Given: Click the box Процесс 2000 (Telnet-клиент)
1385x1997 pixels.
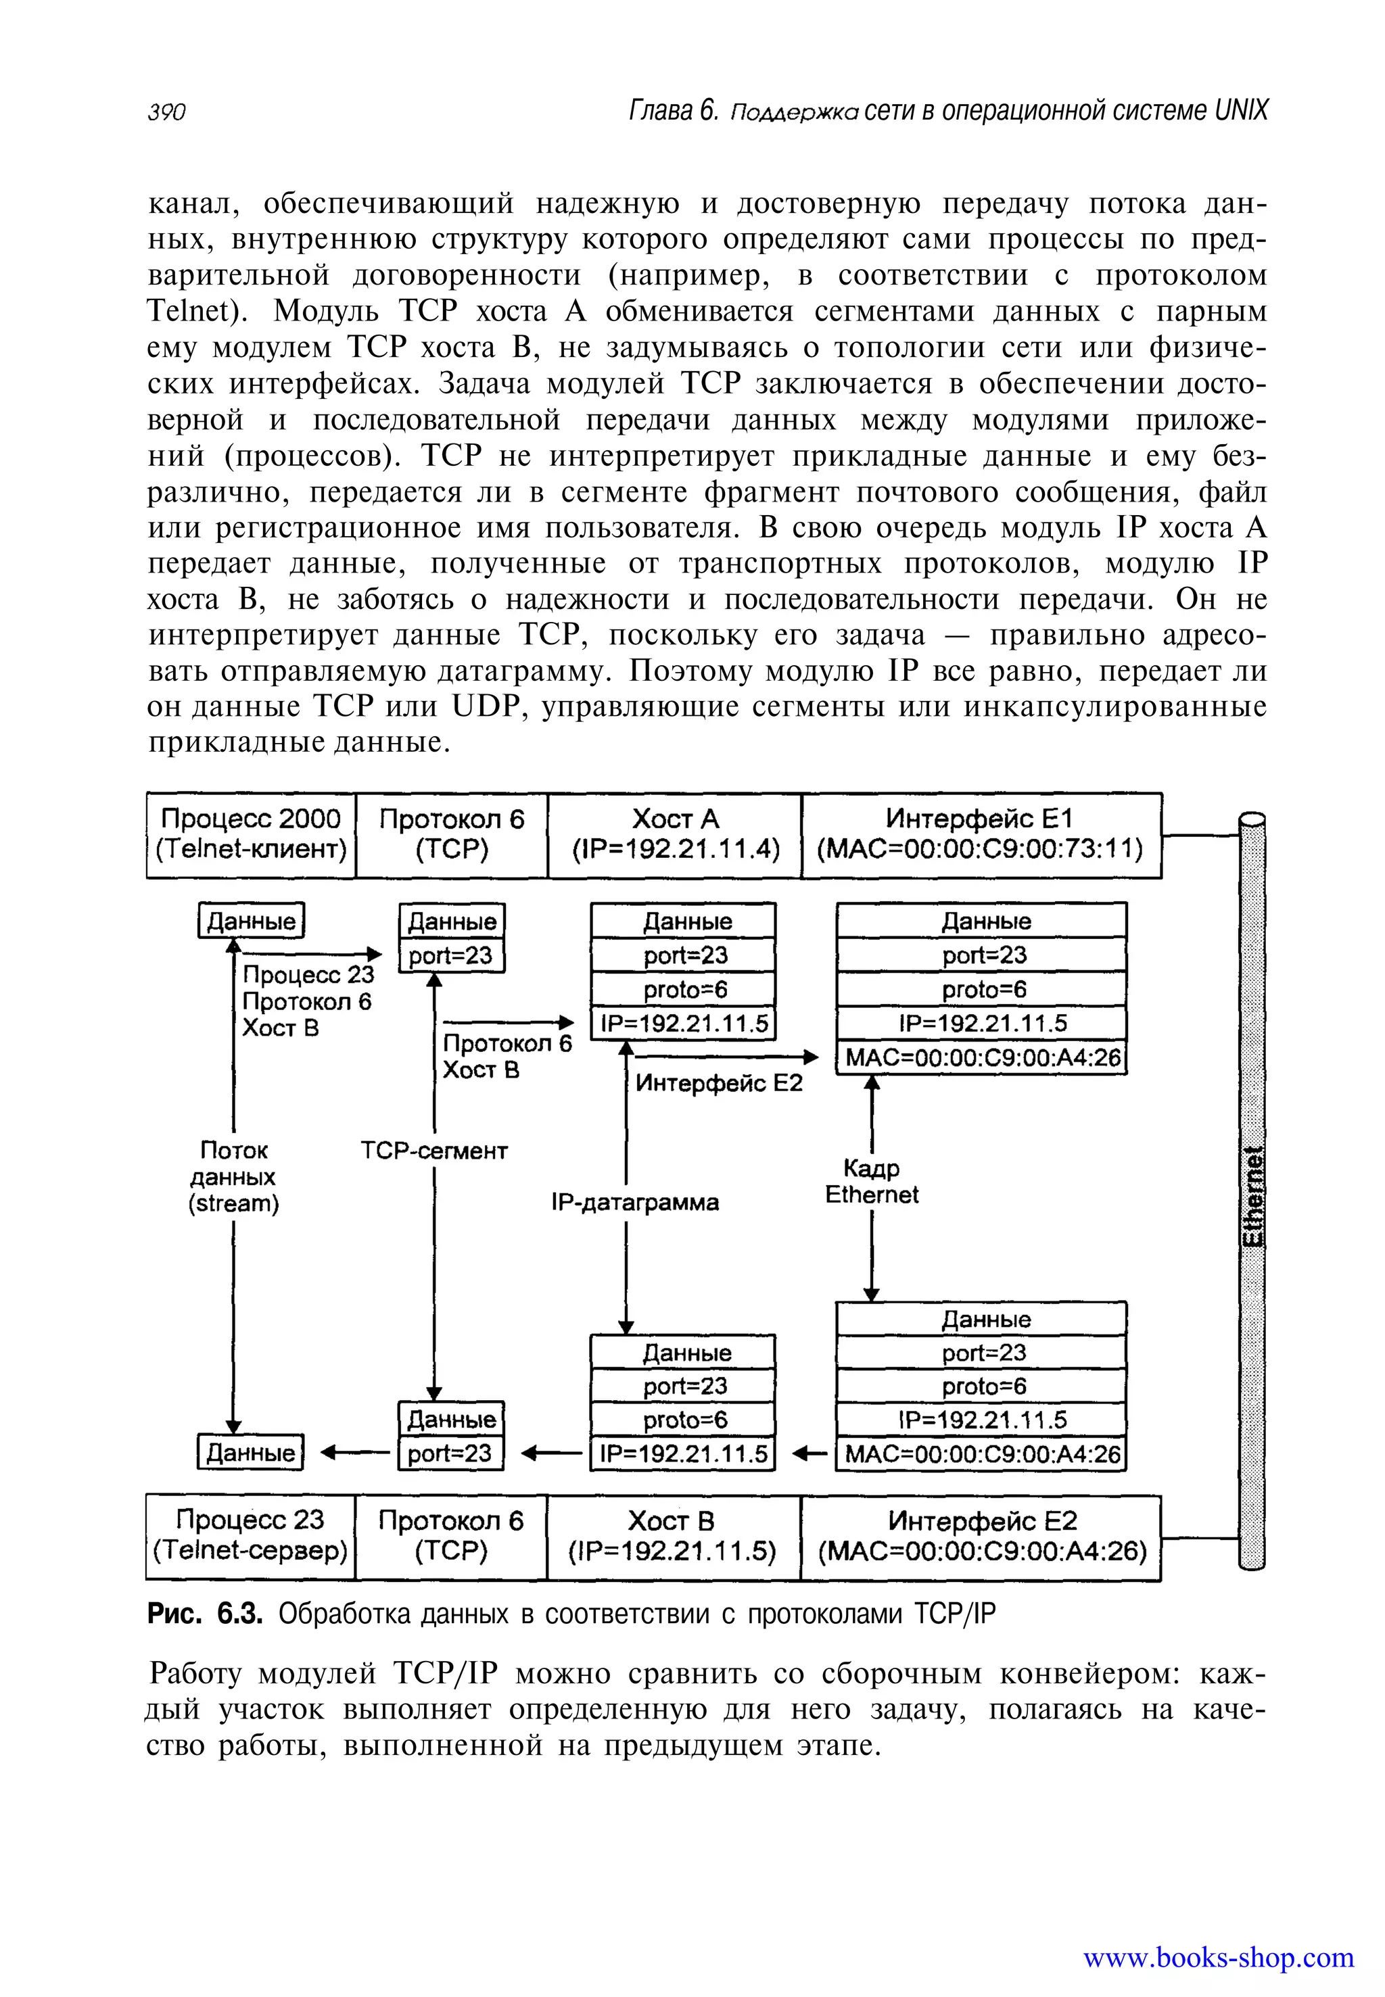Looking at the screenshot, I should (251, 834).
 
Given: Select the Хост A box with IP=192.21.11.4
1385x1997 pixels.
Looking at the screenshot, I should (675, 834).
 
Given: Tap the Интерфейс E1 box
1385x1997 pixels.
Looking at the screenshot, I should (981, 834).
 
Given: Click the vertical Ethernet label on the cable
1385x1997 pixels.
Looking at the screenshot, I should (1252, 1197).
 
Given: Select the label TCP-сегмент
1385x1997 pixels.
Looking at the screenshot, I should (434, 1151).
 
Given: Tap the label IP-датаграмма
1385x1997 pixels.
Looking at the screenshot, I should (635, 1203).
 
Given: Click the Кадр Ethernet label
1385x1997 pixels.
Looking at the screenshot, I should (871, 1182).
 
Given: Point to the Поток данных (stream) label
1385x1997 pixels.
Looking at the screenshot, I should (233, 1176).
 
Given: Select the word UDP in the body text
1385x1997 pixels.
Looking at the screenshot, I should (484, 707).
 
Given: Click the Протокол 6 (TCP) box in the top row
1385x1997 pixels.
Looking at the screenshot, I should (451, 834).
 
